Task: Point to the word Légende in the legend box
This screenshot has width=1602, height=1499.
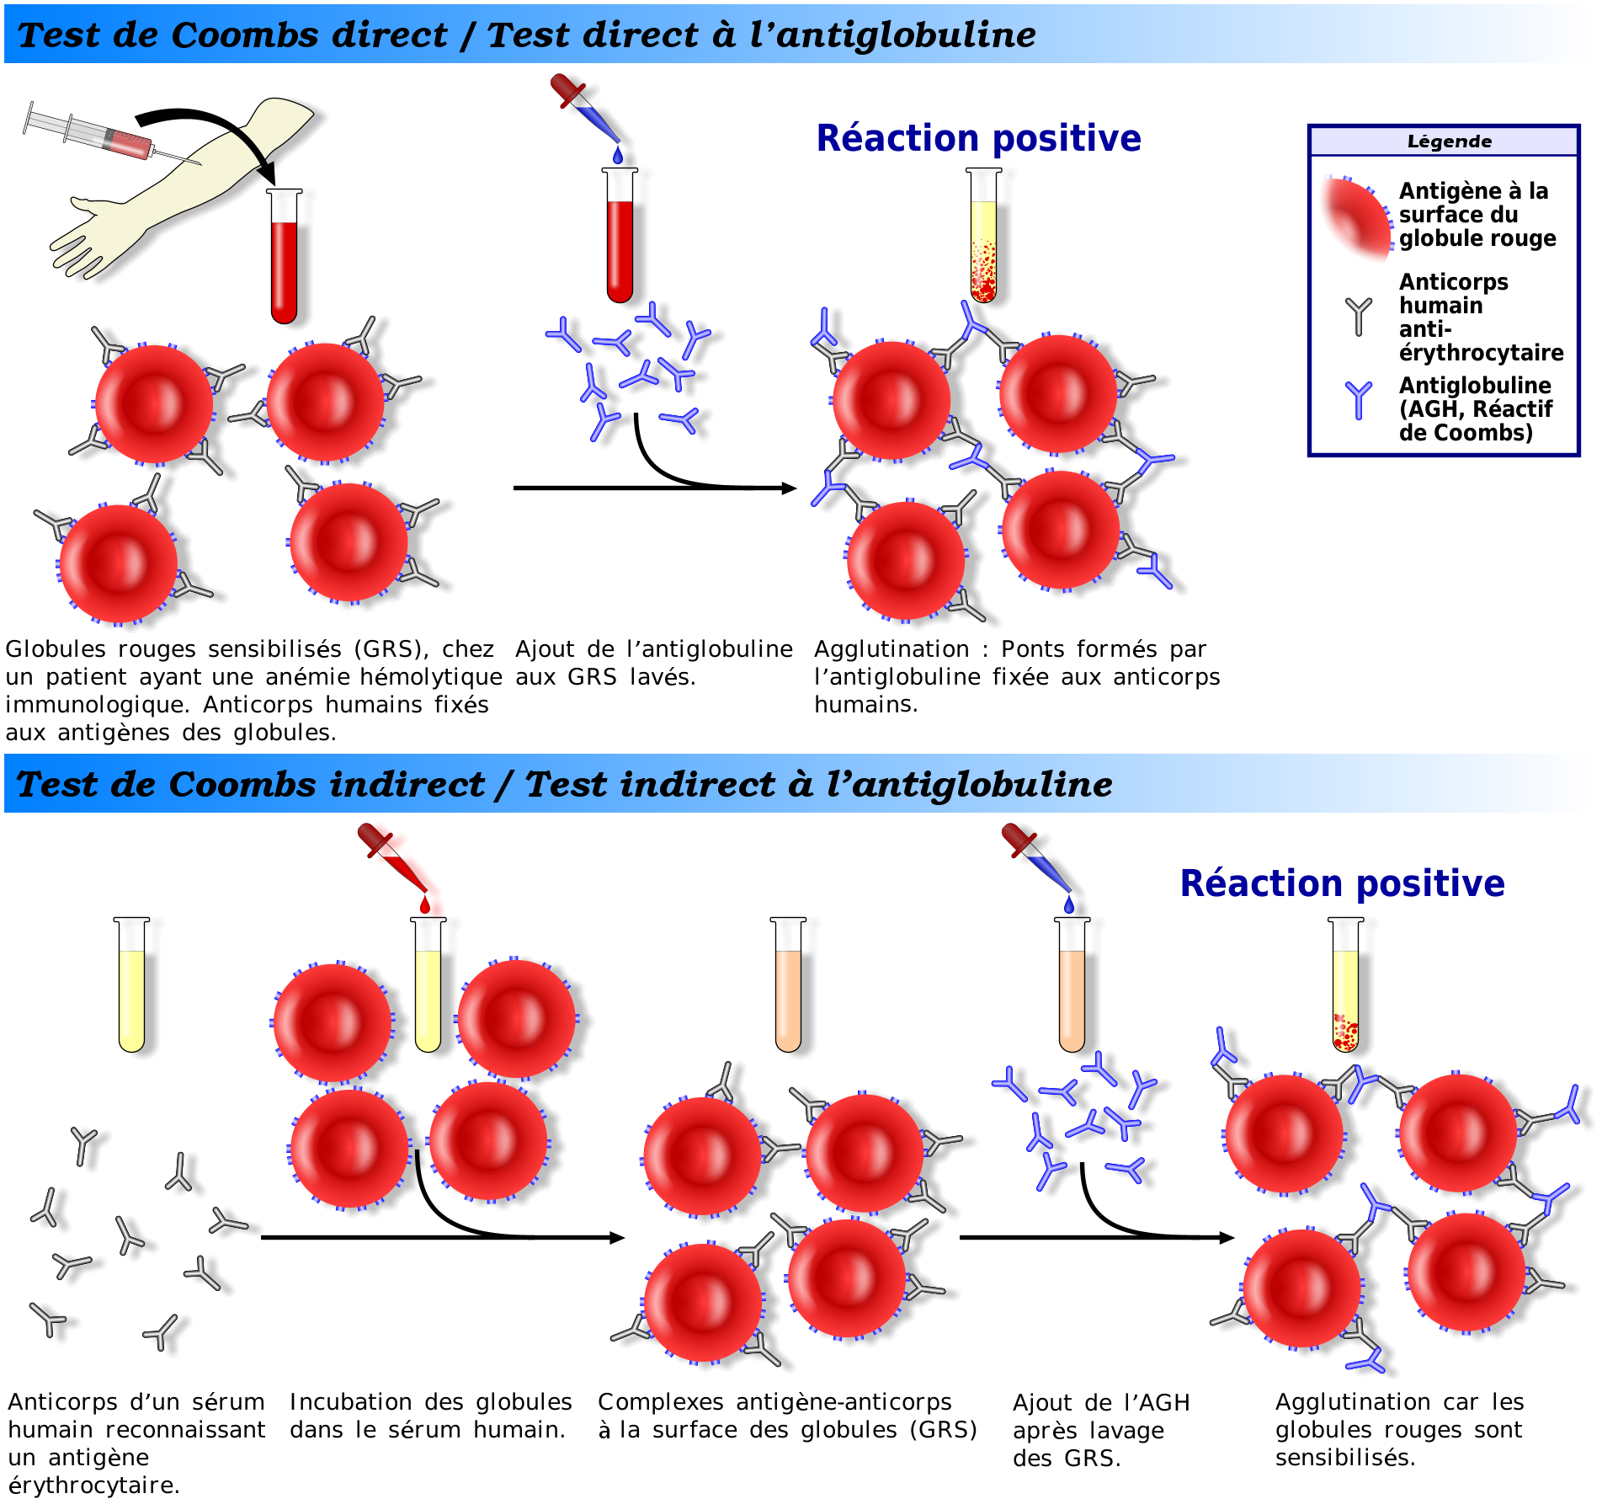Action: tap(1449, 141)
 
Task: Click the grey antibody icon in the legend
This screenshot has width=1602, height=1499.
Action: tap(1358, 315)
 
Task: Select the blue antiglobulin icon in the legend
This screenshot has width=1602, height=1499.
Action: tap(1358, 399)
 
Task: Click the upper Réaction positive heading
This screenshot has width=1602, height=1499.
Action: tap(978, 138)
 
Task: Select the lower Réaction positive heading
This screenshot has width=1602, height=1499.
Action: tap(1342, 883)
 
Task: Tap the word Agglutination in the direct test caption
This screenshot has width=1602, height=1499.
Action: tap(891, 649)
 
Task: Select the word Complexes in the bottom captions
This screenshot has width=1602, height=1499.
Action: tap(660, 1402)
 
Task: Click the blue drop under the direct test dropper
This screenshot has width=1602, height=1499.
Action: tap(618, 156)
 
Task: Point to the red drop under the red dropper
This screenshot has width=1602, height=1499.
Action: tap(425, 905)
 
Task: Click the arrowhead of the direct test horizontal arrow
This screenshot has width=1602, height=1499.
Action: tap(789, 488)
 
